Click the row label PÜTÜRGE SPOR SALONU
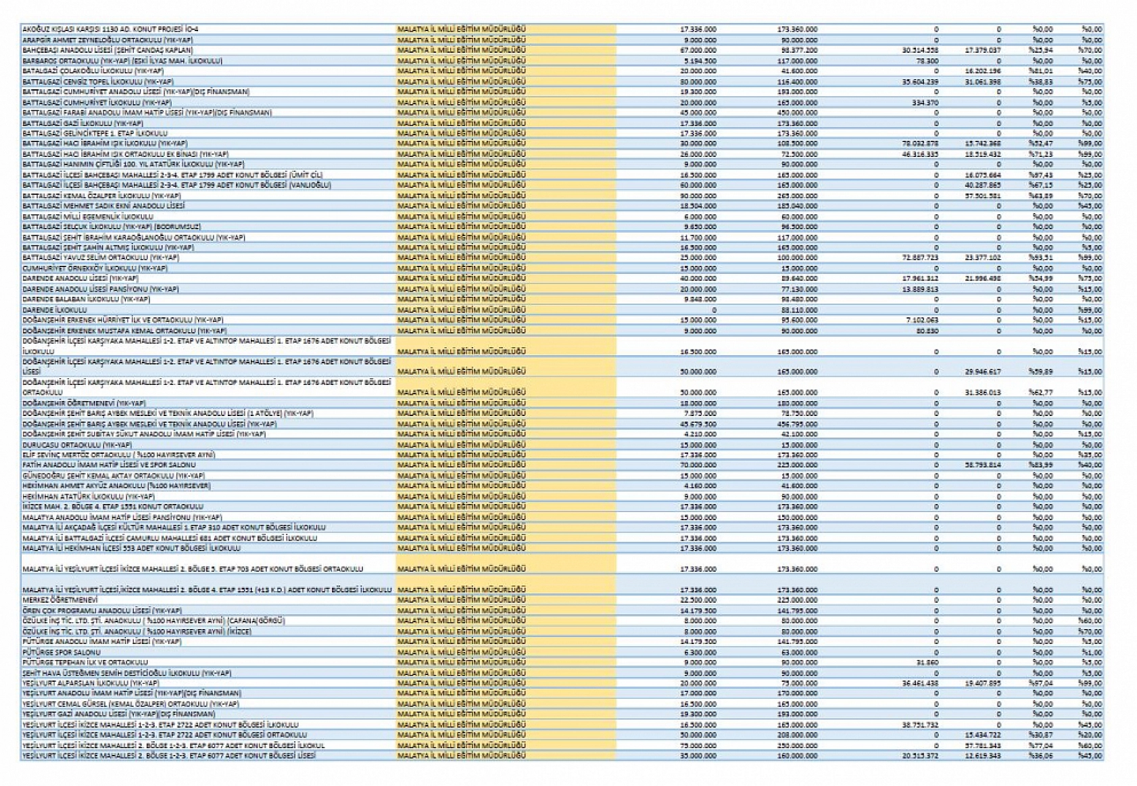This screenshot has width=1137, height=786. pos(62,652)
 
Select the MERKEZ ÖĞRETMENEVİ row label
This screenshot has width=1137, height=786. pos(60,600)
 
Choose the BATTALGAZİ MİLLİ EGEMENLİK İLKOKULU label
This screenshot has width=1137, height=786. pos(87,216)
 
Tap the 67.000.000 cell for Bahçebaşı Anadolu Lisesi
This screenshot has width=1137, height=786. pos(698,51)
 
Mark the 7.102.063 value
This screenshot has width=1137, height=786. pos(921,320)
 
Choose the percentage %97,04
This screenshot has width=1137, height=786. pos(1042,683)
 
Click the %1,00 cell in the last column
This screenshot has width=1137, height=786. pos(1091,652)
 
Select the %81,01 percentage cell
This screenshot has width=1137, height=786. pos(1042,71)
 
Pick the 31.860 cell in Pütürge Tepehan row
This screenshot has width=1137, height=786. pos(927,662)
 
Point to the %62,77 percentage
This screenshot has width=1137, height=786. pos(1042,392)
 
